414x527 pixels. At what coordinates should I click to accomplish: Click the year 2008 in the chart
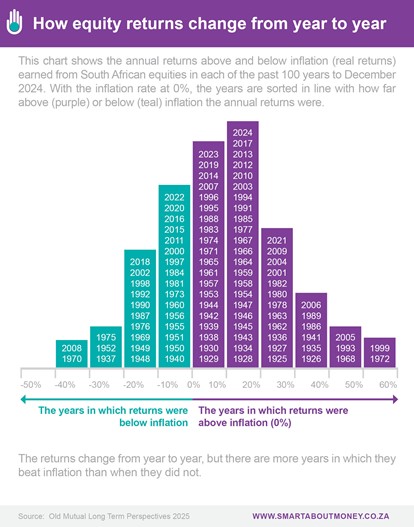click(72, 348)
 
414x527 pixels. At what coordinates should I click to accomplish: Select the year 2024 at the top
click(243, 133)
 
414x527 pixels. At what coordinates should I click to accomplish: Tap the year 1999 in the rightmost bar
click(380, 348)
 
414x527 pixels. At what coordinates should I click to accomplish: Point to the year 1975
click(106, 337)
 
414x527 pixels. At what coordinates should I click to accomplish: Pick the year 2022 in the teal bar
click(174, 197)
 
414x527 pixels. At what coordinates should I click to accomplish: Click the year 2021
click(277, 241)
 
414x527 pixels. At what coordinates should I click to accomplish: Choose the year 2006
click(311, 305)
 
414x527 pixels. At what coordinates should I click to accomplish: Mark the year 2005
click(345, 337)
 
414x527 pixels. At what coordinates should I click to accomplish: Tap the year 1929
click(208, 359)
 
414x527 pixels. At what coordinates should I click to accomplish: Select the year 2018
click(140, 262)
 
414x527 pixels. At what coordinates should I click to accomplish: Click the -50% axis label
click(31, 384)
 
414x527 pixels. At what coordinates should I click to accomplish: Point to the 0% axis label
click(194, 384)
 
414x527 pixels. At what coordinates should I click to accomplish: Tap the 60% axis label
click(388, 384)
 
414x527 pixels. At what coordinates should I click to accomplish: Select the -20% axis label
click(133, 384)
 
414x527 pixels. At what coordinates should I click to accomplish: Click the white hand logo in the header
click(14, 22)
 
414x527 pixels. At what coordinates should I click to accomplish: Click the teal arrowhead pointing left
click(24, 399)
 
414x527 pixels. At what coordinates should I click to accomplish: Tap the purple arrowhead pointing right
click(395, 399)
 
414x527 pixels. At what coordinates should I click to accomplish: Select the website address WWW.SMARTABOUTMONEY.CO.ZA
click(321, 516)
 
